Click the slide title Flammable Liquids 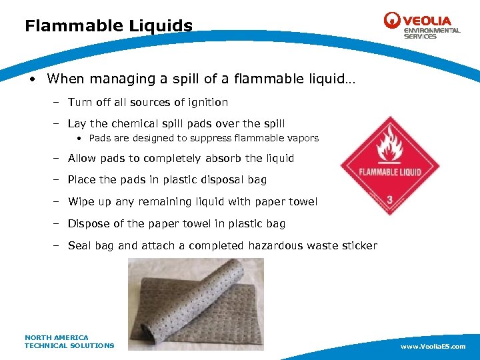[x=109, y=26]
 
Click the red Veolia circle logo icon [x=392, y=21]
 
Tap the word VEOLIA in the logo [x=427, y=21]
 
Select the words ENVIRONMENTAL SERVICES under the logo [x=431, y=33]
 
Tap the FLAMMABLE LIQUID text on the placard [x=390, y=171]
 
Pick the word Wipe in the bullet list [x=81, y=201]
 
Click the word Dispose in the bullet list [x=89, y=223]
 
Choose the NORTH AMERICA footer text [x=56, y=337]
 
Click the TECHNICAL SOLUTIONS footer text [x=69, y=345]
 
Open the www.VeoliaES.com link [x=433, y=347]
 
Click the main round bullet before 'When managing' [x=31, y=79]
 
